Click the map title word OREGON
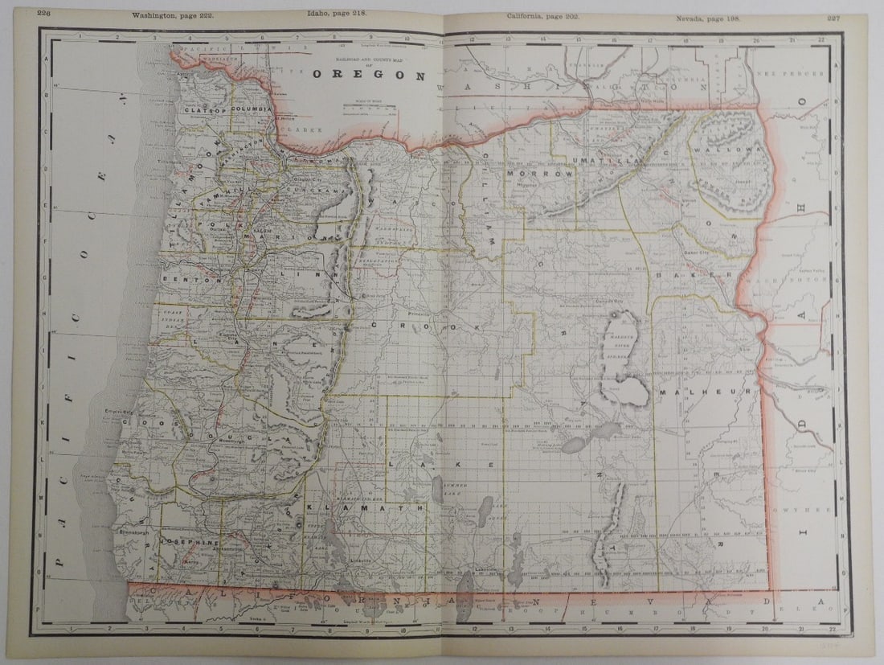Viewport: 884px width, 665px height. click(x=368, y=76)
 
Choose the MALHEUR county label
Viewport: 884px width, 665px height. click(x=708, y=392)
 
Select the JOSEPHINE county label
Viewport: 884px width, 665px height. click(x=190, y=543)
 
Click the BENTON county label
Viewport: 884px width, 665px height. click(x=184, y=279)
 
